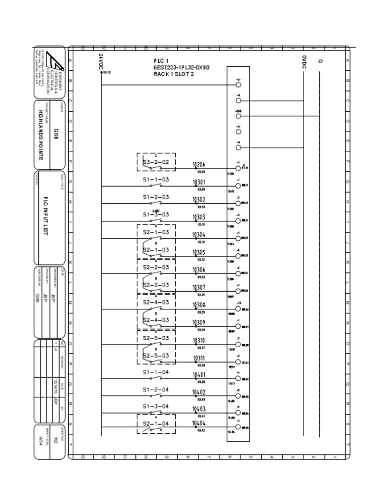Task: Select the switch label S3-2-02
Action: tap(156, 163)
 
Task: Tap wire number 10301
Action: tap(199, 182)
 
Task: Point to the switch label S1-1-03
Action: tap(156, 180)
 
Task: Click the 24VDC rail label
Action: tap(101, 62)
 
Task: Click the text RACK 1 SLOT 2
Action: tap(173, 74)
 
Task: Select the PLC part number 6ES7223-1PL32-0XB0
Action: tap(181, 67)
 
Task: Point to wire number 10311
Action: tap(199, 358)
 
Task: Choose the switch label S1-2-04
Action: tap(156, 390)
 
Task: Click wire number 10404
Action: tap(199, 423)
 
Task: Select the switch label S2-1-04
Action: tap(156, 424)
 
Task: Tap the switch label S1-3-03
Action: tap(156, 215)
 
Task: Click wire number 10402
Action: tap(199, 392)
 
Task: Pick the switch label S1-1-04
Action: tap(156, 373)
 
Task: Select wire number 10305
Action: tap(199, 252)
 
